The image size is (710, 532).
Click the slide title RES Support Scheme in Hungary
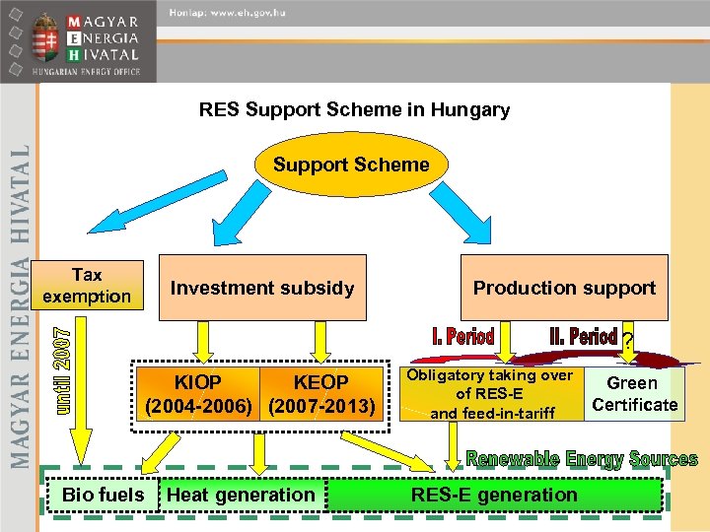click(354, 109)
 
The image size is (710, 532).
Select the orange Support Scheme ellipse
click(351, 165)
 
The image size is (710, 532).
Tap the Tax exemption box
click(87, 286)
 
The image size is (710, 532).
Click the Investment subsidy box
click(261, 288)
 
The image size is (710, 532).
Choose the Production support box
click(564, 288)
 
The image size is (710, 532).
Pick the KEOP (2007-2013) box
click(320, 393)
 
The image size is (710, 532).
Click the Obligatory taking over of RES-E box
click(490, 393)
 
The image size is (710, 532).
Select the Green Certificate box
click(634, 393)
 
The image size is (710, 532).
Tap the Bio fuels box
click(103, 495)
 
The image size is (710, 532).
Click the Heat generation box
click(242, 495)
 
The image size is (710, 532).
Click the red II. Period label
click(583, 337)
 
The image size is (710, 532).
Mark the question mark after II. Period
click(627, 341)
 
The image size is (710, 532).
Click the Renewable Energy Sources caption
click(581, 459)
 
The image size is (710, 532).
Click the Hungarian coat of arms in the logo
click(42, 40)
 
